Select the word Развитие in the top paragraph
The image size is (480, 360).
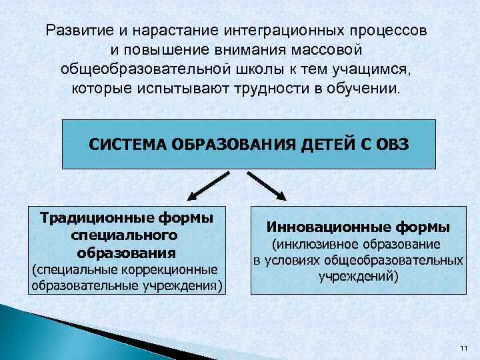pyautogui.click(x=71, y=31)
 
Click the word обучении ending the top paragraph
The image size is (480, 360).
pyautogui.click(x=368, y=89)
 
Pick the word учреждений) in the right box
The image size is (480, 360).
pyautogui.click(x=359, y=275)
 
